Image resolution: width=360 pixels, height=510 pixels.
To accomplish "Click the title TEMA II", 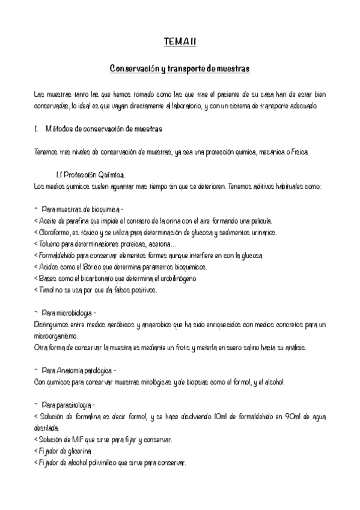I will (179, 41).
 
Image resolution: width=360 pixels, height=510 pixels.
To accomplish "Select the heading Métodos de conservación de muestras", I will (103, 129).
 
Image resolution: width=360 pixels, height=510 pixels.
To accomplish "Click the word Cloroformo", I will (56, 232).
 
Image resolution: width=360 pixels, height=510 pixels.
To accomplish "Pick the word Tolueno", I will (50, 244).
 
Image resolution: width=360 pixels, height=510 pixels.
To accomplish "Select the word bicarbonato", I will (97, 278).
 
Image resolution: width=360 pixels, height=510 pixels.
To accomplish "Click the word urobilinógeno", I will (175, 278).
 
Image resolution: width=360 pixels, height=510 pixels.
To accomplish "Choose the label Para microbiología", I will (69, 313).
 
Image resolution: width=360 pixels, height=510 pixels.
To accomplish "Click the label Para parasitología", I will (68, 405).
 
